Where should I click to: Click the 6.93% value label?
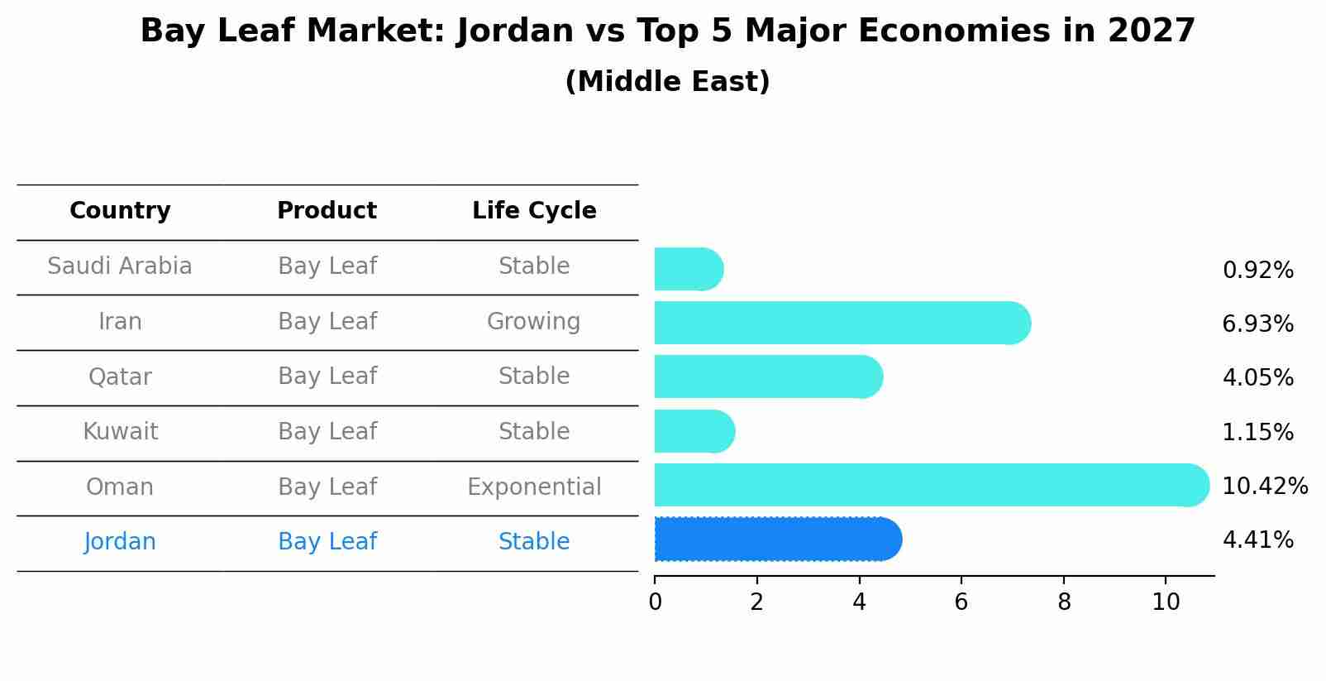[1257, 324]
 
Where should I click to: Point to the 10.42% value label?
[1264, 486]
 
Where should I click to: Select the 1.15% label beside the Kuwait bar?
[1257, 432]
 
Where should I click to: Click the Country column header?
[120, 211]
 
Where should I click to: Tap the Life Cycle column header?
[534, 211]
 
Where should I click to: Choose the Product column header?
[327, 211]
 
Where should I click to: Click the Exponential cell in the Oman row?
[534, 487]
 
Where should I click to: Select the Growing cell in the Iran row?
[533, 321]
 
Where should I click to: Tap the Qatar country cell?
[120, 377]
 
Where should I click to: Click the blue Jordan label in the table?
[120, 542]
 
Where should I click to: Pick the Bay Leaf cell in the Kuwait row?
[327, 432]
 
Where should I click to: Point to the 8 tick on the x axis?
[1063, 602]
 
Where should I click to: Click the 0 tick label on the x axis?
[655, 602]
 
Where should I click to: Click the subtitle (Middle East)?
[667, 82]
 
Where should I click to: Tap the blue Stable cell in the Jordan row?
[534, 542]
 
